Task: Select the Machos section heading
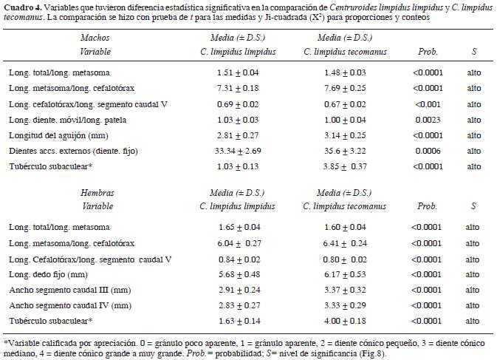(91, 37)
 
